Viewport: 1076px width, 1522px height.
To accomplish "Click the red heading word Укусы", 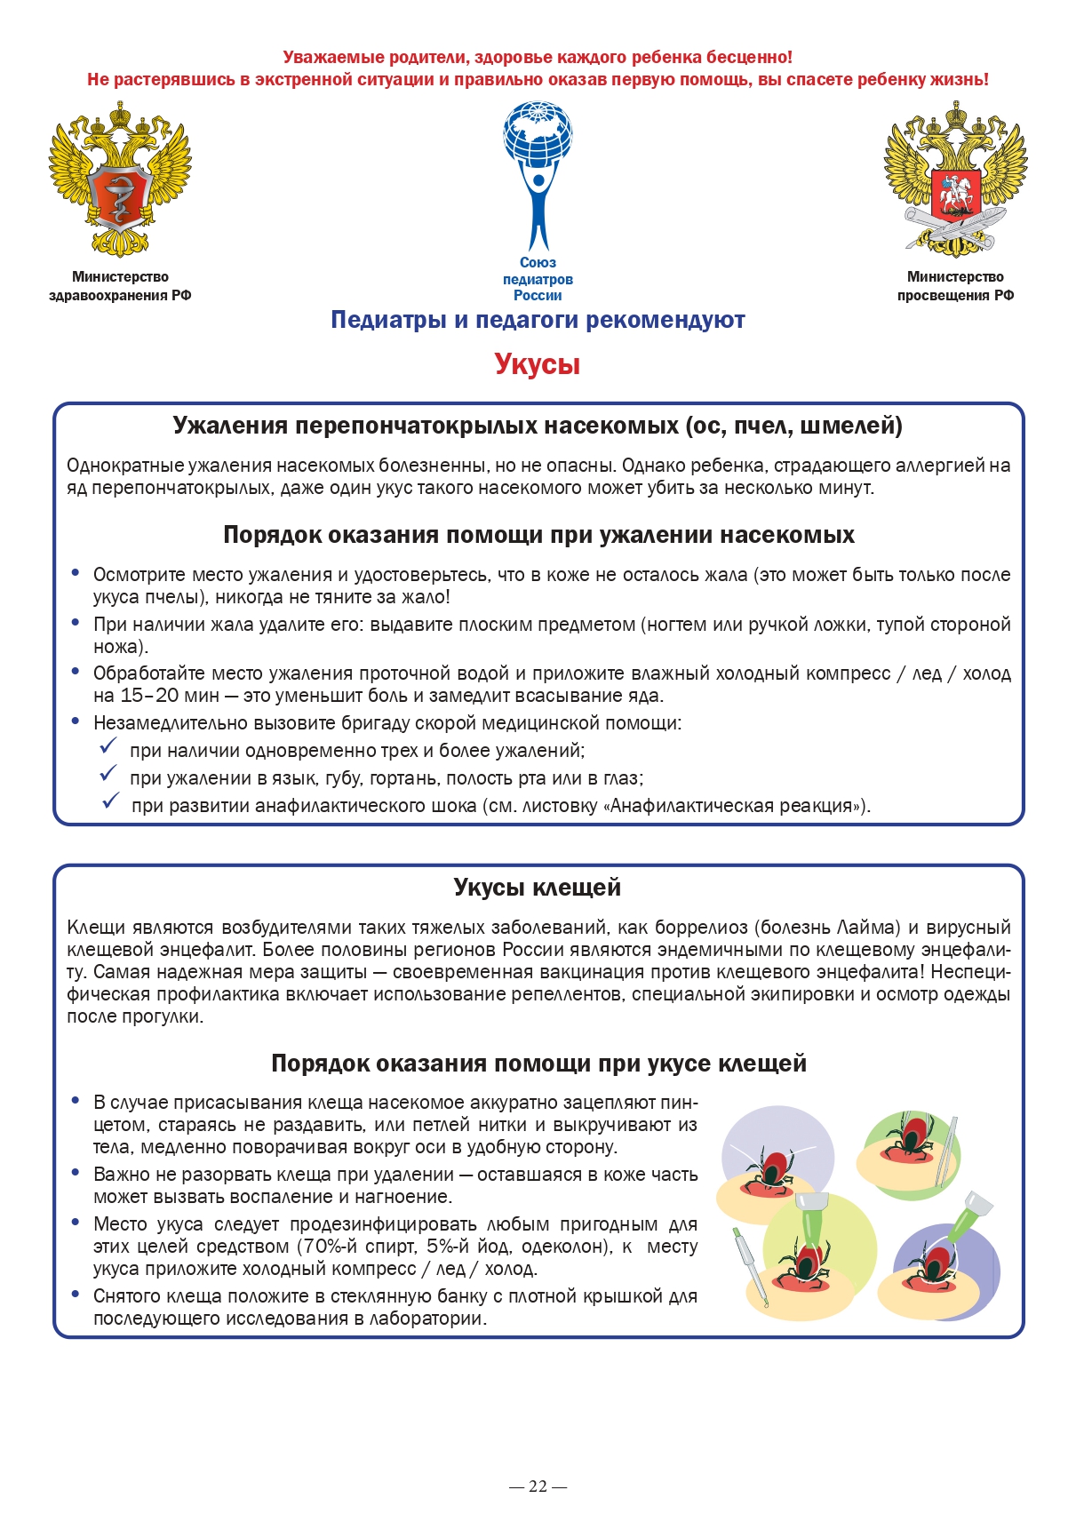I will [537, 364].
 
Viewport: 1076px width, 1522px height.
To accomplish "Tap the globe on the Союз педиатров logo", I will [538, 133].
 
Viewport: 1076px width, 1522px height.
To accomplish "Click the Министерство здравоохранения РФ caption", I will [120, 286].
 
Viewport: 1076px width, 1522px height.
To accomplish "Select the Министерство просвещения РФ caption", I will [955, 286].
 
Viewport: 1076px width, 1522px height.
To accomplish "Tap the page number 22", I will [538, 1486].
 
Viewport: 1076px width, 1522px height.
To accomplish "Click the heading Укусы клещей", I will [537, 888].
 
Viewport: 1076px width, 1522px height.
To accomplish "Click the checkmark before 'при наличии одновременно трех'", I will [108, 745].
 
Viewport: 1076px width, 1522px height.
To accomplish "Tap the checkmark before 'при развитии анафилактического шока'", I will [110, 801].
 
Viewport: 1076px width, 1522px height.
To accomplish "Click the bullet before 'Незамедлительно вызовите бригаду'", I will [76, 721].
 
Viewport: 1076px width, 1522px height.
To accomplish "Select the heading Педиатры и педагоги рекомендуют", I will [538, 320].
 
